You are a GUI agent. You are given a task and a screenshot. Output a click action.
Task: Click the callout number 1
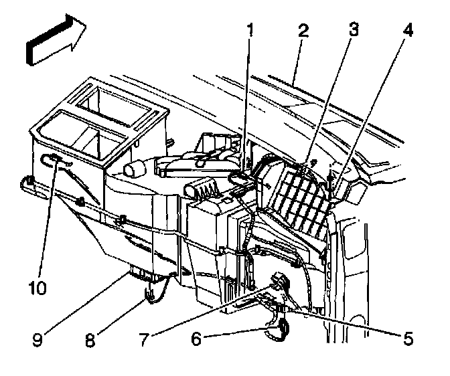point(250,30)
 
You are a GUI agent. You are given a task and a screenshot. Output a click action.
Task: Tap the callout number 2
point(303,30)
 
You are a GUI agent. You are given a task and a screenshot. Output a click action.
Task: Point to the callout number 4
point(408,30)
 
